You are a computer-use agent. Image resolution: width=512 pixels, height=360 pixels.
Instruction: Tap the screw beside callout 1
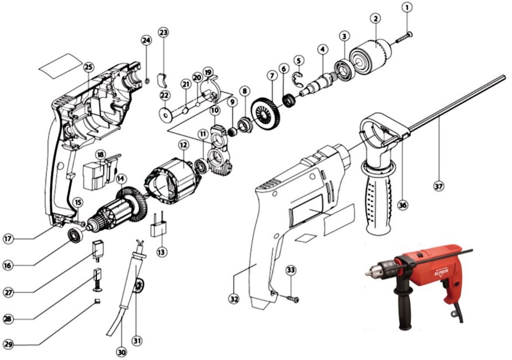[x=404, y=37]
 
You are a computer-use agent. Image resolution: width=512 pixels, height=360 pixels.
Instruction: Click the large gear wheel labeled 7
[x=265, y=113]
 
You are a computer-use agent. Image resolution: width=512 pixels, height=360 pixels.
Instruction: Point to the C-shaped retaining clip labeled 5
[x=298, y=80]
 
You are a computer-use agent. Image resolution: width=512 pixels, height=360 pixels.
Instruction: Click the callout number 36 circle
[x=403, y=205]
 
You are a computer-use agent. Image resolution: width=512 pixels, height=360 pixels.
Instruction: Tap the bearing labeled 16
[x=75, y=236]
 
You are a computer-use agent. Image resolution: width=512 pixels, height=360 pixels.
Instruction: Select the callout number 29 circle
[x=8, y=344]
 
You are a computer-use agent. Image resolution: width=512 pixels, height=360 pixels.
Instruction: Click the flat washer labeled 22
[x=166, y=115]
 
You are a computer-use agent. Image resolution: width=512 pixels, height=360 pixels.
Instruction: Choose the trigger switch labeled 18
[x=101, y=172]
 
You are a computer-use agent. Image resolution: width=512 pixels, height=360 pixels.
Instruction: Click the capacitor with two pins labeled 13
[x=158, y=225]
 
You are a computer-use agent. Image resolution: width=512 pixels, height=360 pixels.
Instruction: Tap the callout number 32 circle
[x=234, y=299]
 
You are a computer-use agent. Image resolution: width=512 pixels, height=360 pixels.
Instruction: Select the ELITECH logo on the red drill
[x=441, y=271]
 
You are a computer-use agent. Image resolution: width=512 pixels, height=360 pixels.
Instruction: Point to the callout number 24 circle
[x=146, y=41]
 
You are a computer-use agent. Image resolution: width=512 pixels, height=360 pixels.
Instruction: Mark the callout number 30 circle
[x=122, y=352]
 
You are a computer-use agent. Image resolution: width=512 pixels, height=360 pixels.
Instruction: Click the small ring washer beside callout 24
[x=146, y=80]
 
